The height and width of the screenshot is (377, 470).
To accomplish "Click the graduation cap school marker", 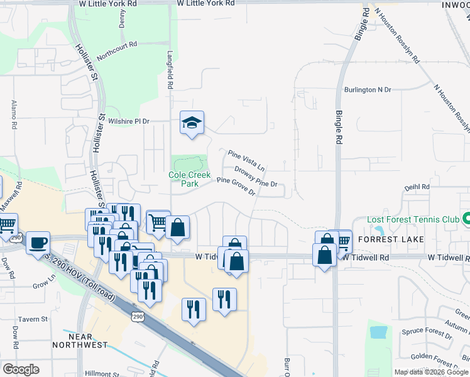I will pyautogui.click(x=193, y=123).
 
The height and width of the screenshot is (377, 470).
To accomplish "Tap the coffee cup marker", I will pyautogui.click(x=38, y=243).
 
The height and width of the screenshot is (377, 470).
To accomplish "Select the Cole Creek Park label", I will pyautogui.click(x=189, y=179).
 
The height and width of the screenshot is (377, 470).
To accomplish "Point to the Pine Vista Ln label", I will pyautogui.click(x=246, y=162).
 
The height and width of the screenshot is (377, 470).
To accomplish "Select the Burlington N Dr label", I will pyautogui.click(x=368, y=90).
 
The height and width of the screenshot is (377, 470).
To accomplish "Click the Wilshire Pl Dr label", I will pyautogui.click(x=129, y=121).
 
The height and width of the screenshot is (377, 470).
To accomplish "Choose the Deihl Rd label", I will pyautogui.click(x=417, y=187).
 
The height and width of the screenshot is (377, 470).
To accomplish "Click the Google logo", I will pyautogui.click(x=21, y=369).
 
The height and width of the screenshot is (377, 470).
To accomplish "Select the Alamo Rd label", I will pyautogui.click(x=13, y=114).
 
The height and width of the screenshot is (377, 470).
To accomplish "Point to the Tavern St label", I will pyautogui.click(x=33, y=319).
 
